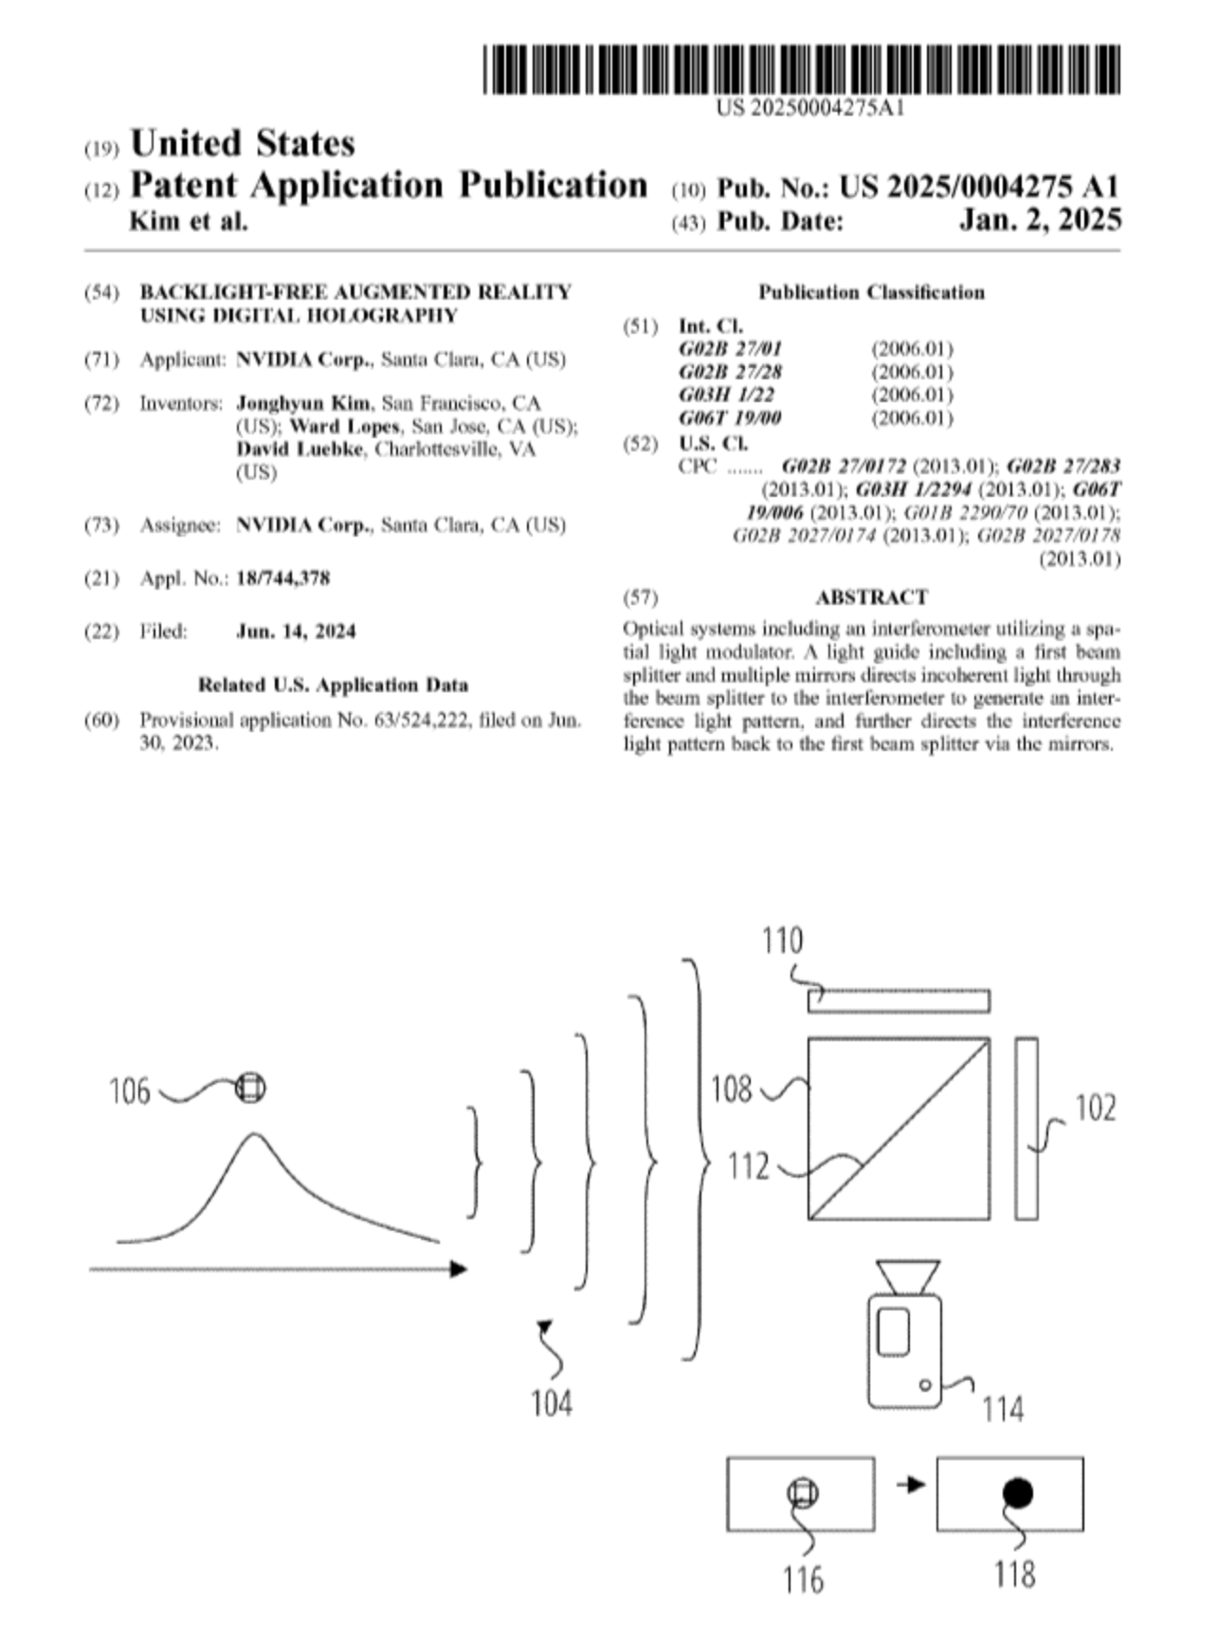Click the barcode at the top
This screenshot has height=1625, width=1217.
pos(801,69)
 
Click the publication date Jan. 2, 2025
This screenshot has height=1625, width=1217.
pos(1040,221)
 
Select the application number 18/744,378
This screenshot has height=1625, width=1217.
pos(282,578)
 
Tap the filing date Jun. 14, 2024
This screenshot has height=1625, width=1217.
pos(296,631)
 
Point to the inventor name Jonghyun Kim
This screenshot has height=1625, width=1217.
pos(303,404)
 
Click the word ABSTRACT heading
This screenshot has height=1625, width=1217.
pos(871,597)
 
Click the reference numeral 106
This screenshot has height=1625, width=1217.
pos(130,1091)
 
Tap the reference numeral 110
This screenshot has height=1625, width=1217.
pos(782,940)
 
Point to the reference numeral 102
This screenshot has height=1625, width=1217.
pos(1095,1107)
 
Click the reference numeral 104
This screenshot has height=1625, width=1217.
pos(551,1402)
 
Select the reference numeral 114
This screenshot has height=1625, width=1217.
pos(1002,1409)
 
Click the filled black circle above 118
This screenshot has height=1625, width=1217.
pos(1017,1493)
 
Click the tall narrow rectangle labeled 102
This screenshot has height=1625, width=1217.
pos(1026,1128)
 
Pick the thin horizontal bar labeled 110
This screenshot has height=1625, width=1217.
pos(899,1001)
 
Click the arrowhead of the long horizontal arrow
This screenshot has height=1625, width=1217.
pos(460,1269)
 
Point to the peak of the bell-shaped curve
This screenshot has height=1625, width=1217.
pos(252,1134)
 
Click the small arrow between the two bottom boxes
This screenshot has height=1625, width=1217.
pos(911,1485)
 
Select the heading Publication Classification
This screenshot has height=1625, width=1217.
pos(870,292)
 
